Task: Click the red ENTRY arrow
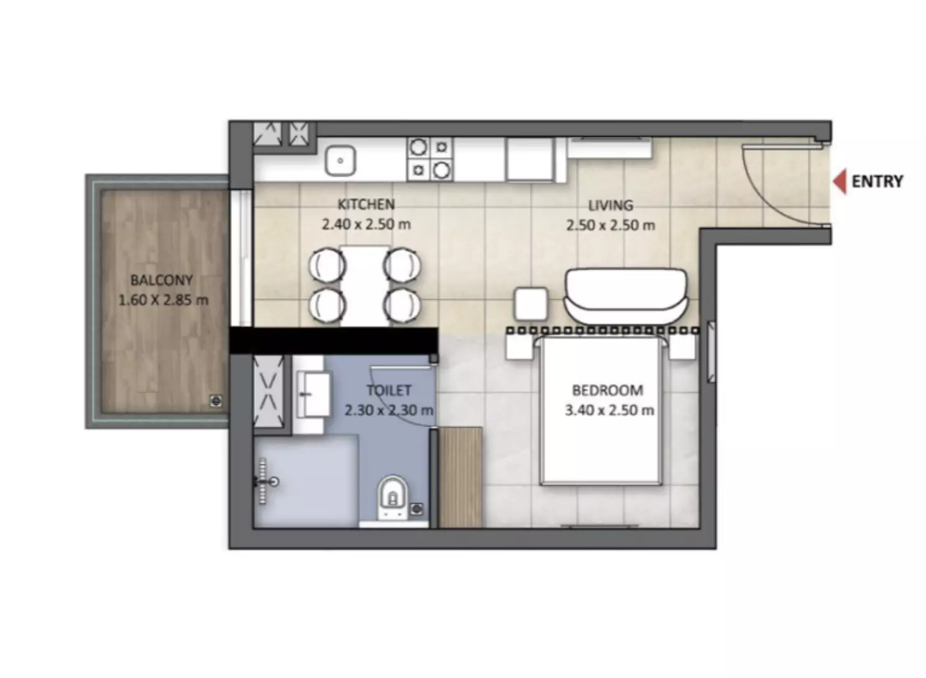(x=840, y=181)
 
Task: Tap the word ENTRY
(x=878, y=182)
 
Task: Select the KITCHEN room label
(x=366, y=204)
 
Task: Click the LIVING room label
(x=610, y=206)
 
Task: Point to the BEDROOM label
(x=608, y=390)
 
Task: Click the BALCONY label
(x=162, y=281)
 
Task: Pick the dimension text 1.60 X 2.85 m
(x=163, y=300)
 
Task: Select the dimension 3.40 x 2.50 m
(x=609, y=410)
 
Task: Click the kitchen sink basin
(x=340, y=161)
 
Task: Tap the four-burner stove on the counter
(x=430, y=159)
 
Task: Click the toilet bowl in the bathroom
(x=392, y=497)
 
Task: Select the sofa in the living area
(x=626, y=296)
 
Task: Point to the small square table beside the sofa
(x=531, y=304)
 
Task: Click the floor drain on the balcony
(x=216, y=400)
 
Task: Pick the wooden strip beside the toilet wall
(x=460, y=477)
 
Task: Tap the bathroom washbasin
(x=313, y=394)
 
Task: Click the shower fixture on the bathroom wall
(x=265, y=481)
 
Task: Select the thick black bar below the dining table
(x=333, y=340)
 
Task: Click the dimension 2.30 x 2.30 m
(x=389, y=410)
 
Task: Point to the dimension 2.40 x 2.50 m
(x=366, y=225)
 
